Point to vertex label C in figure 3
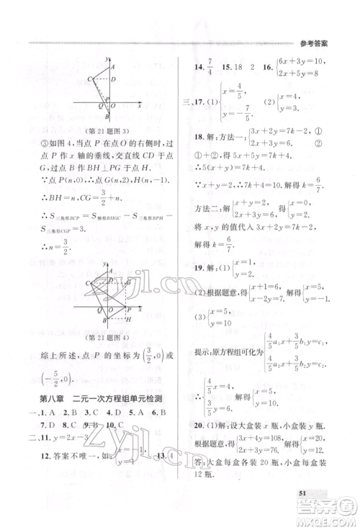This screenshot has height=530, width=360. (89, 78)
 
